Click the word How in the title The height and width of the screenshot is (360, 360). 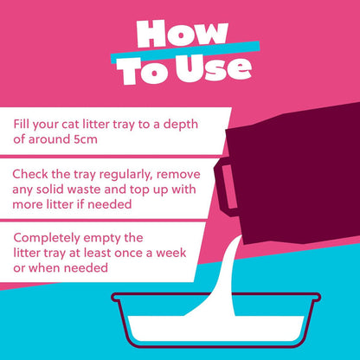click(x=180, y=34)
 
